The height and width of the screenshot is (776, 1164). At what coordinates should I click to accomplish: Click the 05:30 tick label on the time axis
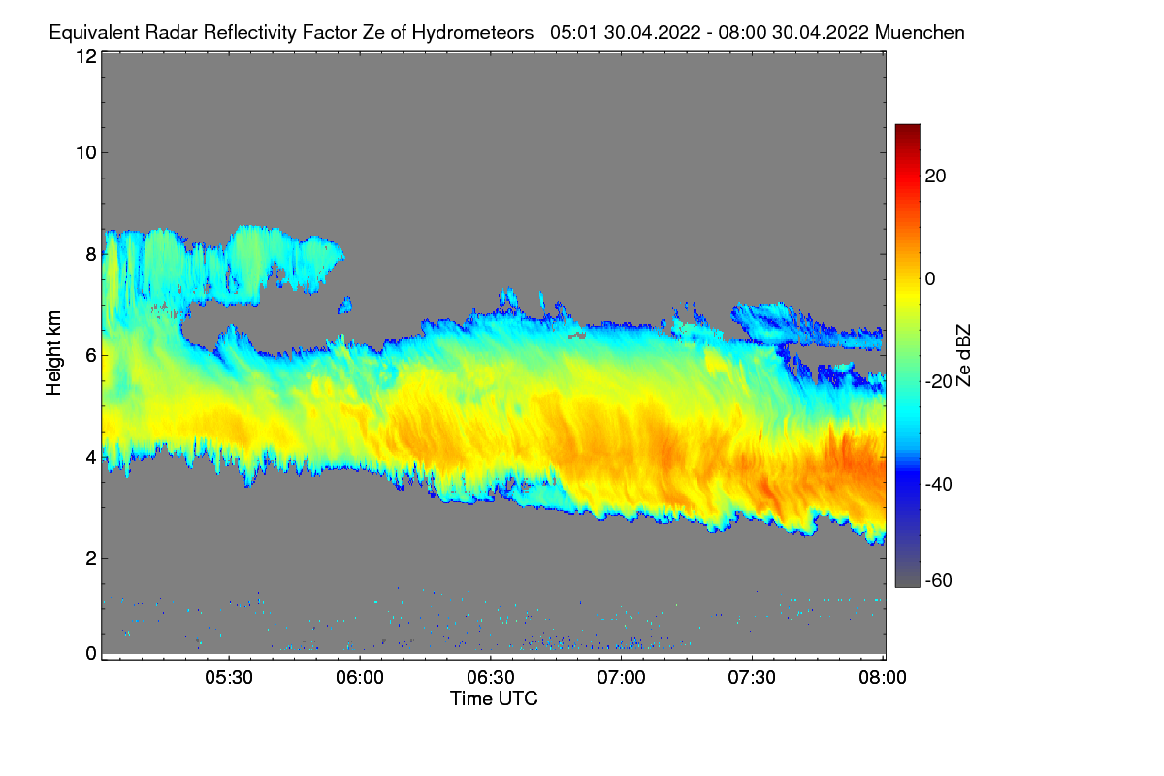pyautogui.click(x=228, y=678)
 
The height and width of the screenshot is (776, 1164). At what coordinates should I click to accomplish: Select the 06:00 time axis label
pyautogui.click(x=359, y=678)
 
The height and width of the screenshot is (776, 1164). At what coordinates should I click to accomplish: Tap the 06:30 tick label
pyautogui.click(x=491, y=678)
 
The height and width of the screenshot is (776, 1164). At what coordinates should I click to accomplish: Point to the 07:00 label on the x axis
pyautogui.click(x=622, y=678)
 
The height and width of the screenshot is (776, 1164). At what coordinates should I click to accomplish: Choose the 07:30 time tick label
pyautogui.click(x=753, y=678)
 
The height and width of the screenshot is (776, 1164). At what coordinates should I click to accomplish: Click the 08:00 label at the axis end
pyautogui.click(x=883, y=678)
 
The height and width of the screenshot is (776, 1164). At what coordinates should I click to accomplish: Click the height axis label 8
pyautogui.click(x=90, y=254)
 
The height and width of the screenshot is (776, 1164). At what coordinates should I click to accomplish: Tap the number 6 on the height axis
pyautogui.click(x=90, y=355)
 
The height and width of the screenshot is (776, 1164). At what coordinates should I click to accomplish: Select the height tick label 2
pyautogui.click(x=90, y=558)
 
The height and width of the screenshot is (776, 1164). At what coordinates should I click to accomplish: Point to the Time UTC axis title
pyautogui.click(x=493, y=698)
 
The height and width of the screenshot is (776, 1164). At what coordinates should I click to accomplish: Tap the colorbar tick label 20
pyautogui.click(x=936, y=176)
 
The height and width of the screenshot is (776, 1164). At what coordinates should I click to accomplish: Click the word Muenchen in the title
pyautogui.click(x=920, y=32)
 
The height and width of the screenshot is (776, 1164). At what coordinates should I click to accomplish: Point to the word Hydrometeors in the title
pyautogui.click(x=472, y=32)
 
